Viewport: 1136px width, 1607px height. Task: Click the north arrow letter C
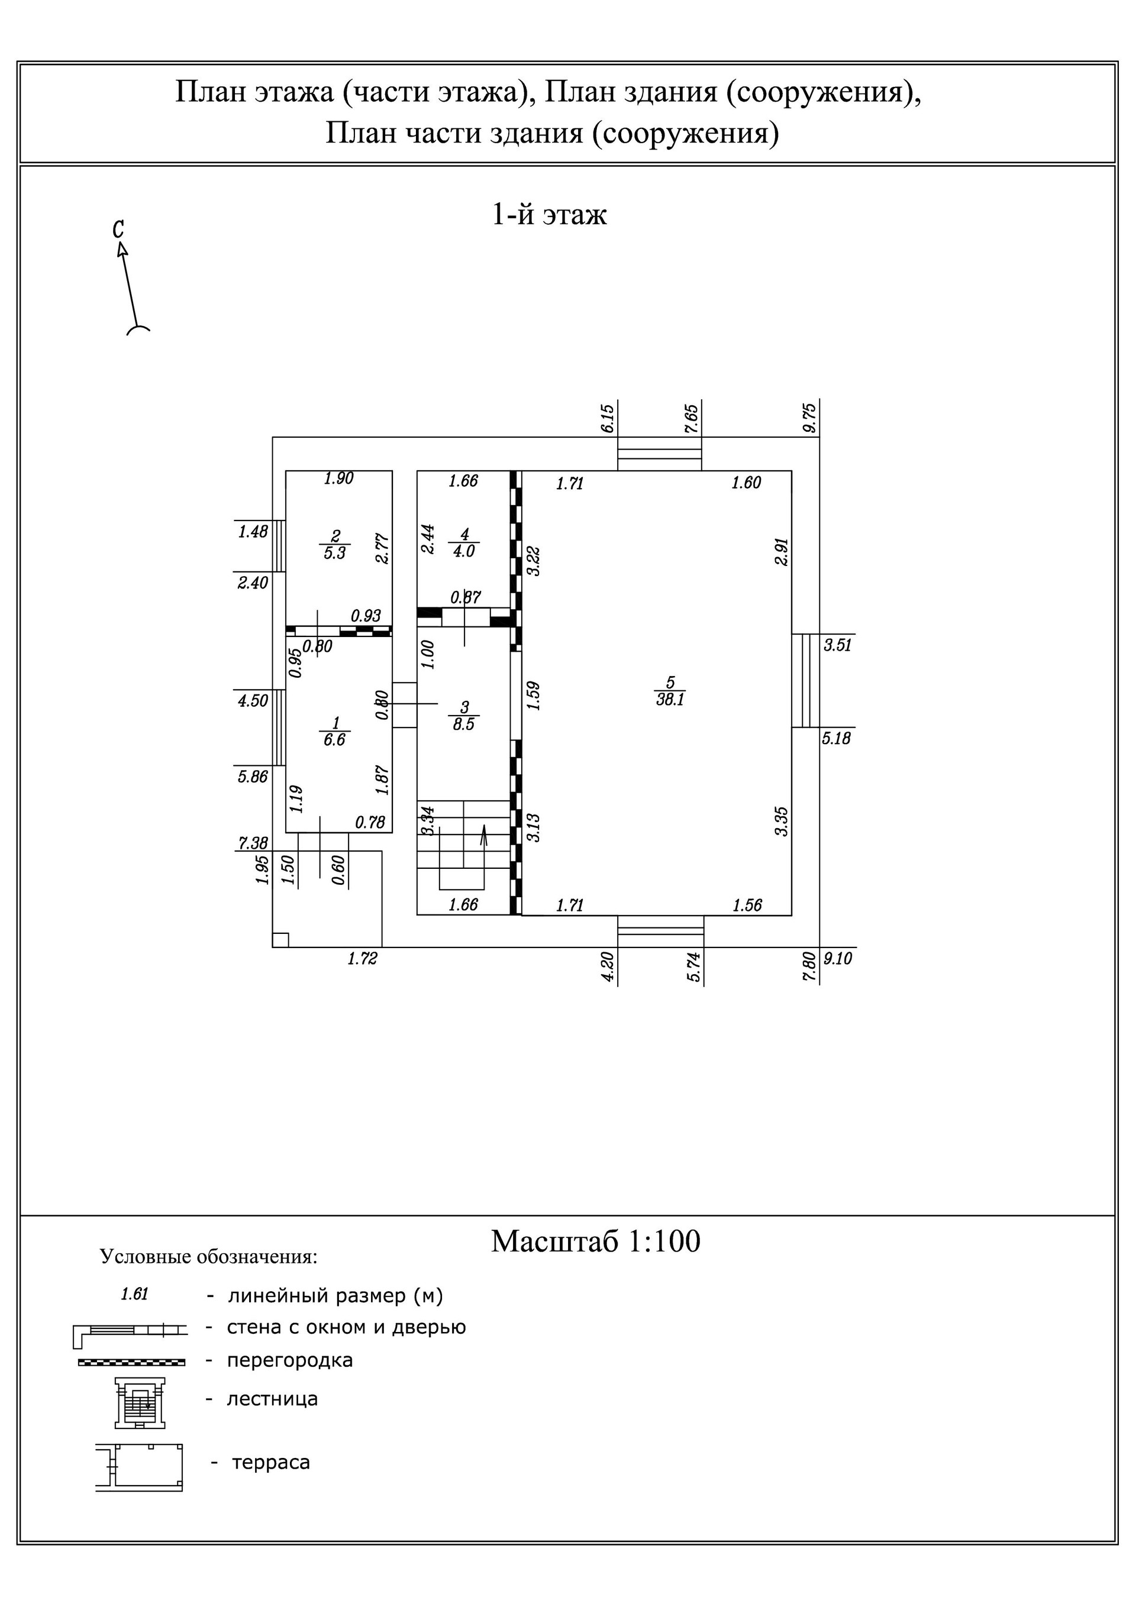point(118,229)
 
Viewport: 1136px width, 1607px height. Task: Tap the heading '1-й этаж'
point(549,214)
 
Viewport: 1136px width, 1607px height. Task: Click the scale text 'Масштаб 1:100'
point(595,1241)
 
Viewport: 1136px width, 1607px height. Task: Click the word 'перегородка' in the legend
point(289,1360)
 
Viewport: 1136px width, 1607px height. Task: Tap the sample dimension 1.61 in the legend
point(134,1294)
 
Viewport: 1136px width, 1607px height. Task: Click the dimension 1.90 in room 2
point(339,478)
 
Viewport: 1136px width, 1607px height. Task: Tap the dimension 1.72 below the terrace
point(362,959)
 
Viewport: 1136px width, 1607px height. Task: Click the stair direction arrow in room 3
point(483,836)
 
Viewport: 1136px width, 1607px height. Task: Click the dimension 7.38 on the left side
point(253,843)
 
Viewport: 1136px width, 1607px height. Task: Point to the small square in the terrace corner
point(280,939)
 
